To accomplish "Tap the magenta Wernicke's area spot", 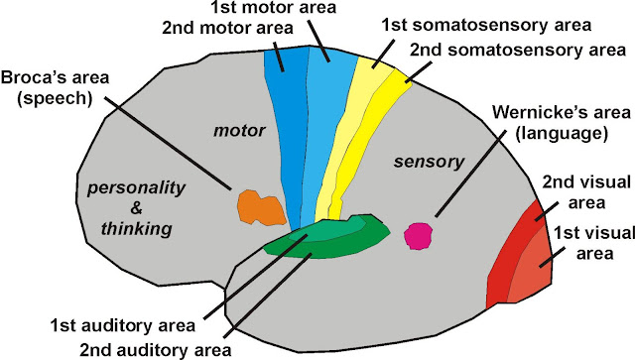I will [x=418, y=236].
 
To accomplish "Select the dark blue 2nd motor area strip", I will [x=286, y=129].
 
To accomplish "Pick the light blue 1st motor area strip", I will [x=322, y=129].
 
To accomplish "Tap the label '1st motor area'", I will [x=331, y=9].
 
